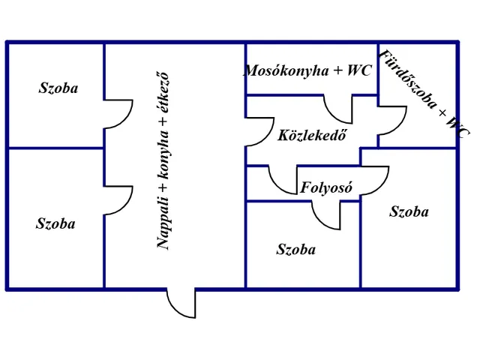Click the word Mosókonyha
click(286, 71)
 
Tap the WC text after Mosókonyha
click(359, 70)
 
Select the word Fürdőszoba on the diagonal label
click(407, 79)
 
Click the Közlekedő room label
click(312, 135)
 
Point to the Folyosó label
click(326, 187)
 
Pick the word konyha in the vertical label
click(163, 155)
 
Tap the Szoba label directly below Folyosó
click(296, 250)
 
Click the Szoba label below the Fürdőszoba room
click(409, 211)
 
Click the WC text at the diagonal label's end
click(457, 128)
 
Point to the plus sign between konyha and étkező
click(163, 121)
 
